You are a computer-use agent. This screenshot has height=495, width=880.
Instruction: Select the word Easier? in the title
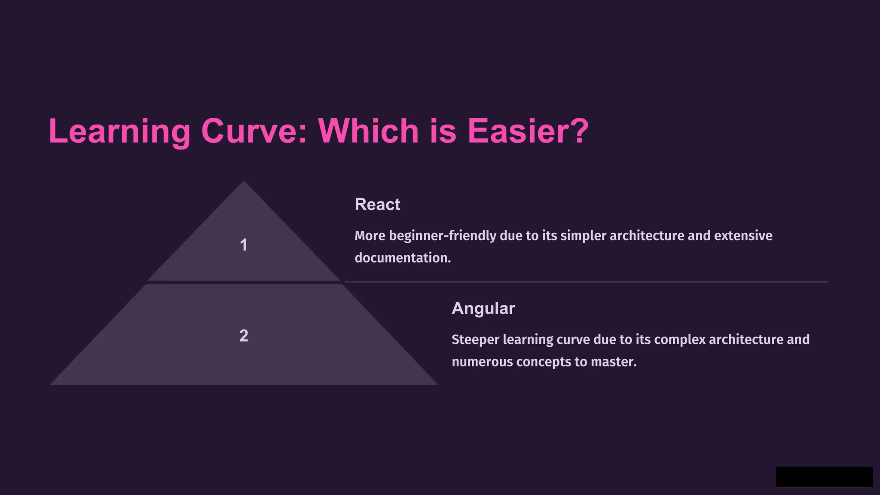click(528, 131)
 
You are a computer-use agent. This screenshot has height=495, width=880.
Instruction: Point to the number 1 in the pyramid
click(243, 245)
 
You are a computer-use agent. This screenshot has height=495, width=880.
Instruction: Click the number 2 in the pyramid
click(244, 336)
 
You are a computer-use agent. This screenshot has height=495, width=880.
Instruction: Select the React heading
click(377, 205)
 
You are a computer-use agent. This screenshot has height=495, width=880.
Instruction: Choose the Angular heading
click(483, 309)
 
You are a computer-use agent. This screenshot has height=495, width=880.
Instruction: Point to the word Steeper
click(475, 339)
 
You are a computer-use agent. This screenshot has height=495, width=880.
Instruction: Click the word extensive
click(743, 236)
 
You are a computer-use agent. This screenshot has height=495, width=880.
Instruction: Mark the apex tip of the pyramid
click(244, 182)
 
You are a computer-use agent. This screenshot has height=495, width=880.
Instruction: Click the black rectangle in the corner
click(824, 477)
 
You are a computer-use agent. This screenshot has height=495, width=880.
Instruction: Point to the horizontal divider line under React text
click(586, 282)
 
